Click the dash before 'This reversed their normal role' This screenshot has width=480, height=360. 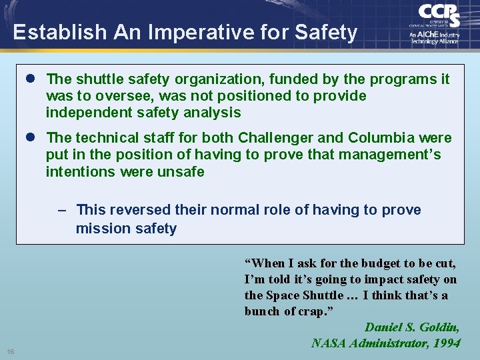pos(62,210)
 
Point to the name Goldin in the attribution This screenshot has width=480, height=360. pos(440,327)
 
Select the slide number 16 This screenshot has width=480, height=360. pos(11,351)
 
